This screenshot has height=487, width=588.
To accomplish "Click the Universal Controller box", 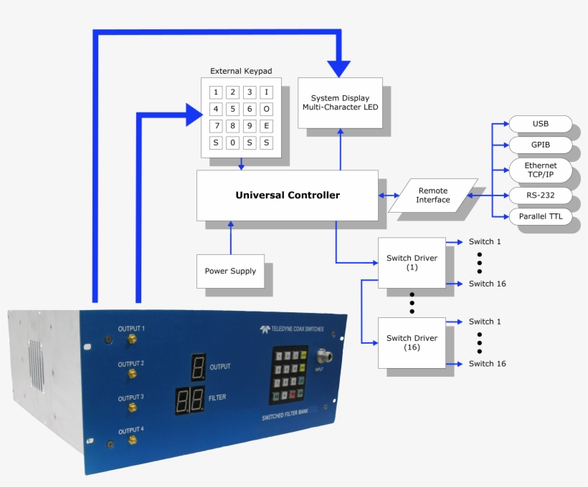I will click(x=287, y=195).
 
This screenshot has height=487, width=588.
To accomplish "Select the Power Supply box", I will click(x=230, y=271).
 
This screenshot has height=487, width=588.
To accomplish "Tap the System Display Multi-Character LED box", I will click(x=340, y=102).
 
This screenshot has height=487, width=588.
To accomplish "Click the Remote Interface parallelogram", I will click(x=433, y=195).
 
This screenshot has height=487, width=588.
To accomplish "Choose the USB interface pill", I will click(x=540, y=124).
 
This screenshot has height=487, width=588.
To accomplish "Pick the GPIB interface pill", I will click(x=540, y=145).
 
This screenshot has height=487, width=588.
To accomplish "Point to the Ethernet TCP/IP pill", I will click(x=540, y=170).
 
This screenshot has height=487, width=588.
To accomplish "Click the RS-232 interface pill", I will click(x=540, y=195).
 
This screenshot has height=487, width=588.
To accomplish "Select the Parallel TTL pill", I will click(x=540, y=216).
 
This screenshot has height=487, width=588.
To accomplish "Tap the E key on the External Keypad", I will click(x=266, y=125).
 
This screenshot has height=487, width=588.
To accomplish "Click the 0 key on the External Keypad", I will click(x=232, y=143).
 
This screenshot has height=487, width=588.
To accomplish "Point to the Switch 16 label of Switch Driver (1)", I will click(x=487, y=284).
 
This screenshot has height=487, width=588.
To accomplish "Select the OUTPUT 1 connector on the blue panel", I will click(x=132, y=339).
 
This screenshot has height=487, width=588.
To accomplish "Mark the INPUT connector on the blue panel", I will click(x=321, y=355).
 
